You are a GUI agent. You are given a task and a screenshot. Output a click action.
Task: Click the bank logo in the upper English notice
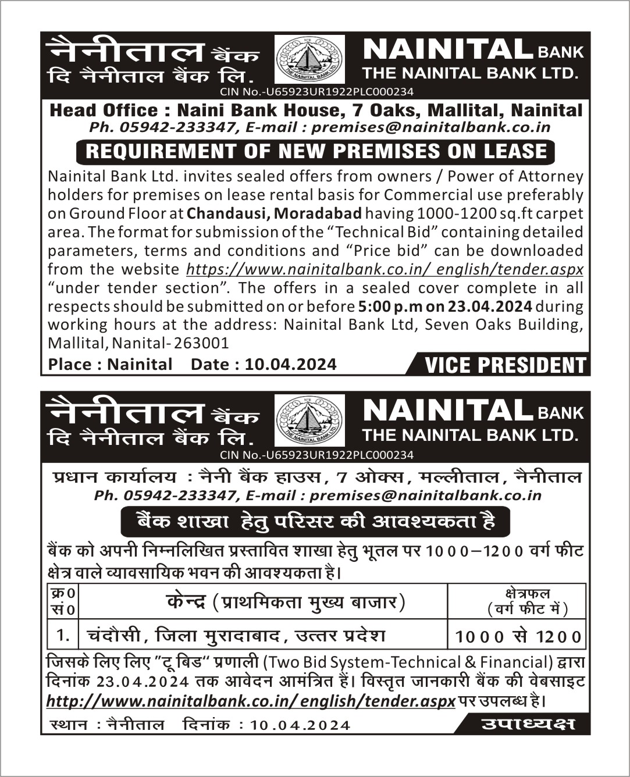tap(309, 59)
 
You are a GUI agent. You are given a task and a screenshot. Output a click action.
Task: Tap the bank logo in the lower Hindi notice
tap(309, 420)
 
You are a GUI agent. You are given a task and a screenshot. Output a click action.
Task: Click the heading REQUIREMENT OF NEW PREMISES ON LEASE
tap(316, 151)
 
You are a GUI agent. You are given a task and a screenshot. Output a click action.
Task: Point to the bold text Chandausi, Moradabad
tap(275, 213)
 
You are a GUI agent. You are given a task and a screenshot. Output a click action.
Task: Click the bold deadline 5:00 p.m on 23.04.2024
tap(445, 306)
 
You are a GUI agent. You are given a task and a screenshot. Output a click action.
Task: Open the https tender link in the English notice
tap(385, 269)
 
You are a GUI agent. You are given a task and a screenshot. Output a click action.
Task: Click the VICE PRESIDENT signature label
tap(505, 365)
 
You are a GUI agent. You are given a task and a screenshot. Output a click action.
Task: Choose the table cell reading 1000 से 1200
tap(517, 637)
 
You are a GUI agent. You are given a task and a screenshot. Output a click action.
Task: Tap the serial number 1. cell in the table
tap(63, 635)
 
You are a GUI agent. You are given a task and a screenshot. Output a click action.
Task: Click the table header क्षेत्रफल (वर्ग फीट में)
tap(517, 601)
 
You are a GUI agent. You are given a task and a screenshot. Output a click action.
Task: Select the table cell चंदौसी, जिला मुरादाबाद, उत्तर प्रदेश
tap(236, 635)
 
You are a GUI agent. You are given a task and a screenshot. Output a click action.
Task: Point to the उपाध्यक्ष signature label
tap(528, 724)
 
